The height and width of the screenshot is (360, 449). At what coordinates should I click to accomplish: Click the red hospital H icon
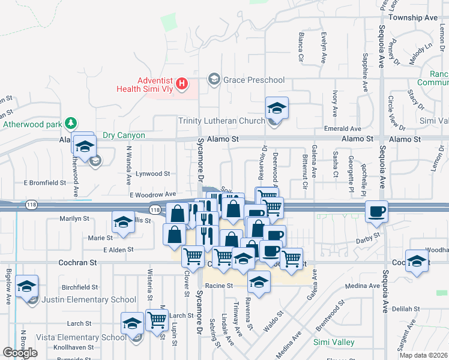coord(183,83)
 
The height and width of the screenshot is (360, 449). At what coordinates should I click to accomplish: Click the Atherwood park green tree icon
coord(71,123)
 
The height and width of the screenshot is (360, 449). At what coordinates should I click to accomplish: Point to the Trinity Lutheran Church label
coord(221,121)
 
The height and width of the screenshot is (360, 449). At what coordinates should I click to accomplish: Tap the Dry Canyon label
coord(124,136)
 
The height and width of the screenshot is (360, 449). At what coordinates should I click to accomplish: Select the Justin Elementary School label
coord(90,300)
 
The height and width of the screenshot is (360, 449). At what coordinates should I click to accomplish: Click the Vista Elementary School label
coord(81,337)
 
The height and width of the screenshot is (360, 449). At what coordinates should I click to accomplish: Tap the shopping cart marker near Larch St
coord(157,320)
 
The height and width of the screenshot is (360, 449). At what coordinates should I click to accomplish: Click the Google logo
coord(20,353)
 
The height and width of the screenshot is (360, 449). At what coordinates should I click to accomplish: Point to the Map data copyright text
coord(423,355)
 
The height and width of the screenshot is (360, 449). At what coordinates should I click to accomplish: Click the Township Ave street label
coord(413,18)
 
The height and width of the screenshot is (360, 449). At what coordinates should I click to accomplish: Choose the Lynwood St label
coord(152,173)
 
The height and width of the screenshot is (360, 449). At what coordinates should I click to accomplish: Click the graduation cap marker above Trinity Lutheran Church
coord(277,109)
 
